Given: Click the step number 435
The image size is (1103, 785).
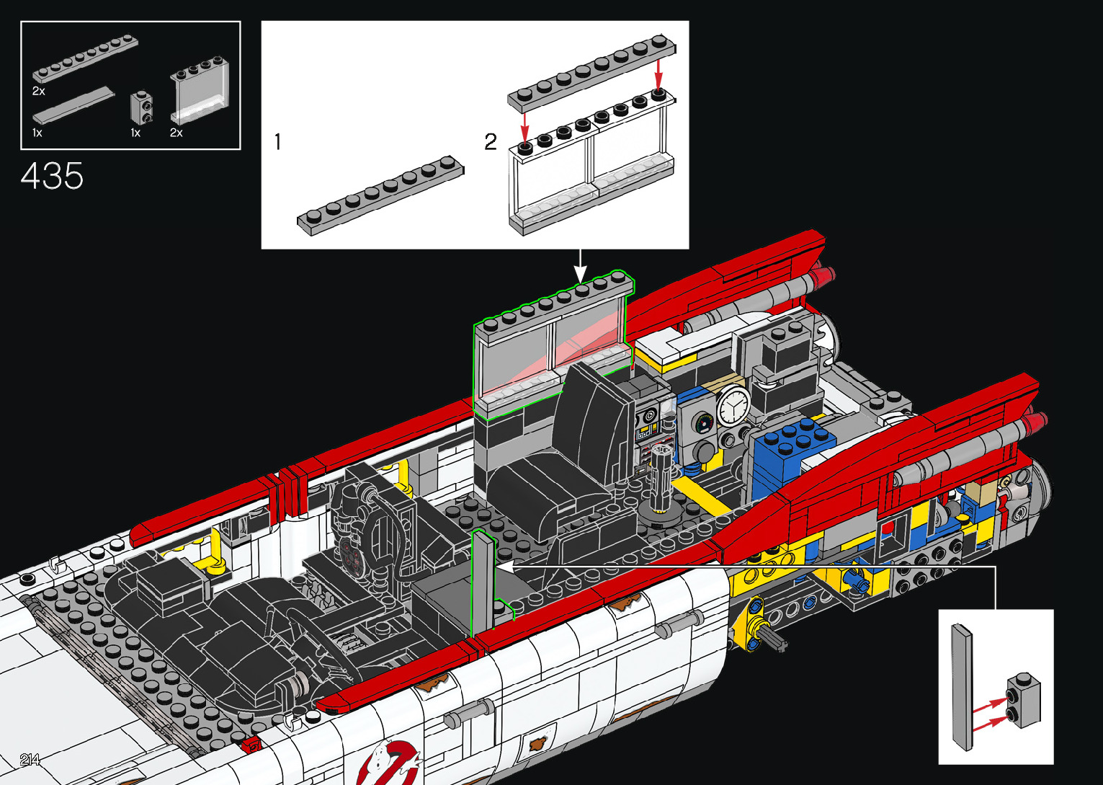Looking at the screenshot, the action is click(x=52, y=176).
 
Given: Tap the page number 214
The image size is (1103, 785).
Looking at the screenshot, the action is click(x=30, y=759).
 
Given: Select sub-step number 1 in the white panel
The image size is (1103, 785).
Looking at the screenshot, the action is click(x=277, y=142).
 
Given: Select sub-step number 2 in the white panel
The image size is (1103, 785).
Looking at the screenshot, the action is click(x=491, y=142).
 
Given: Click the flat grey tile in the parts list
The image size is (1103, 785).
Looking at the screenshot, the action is click(x=74, y=105).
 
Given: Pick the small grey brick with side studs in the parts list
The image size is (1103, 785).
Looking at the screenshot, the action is click(x=142, y=107).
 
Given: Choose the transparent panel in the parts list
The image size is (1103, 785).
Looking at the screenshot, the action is click(x=200, y=90).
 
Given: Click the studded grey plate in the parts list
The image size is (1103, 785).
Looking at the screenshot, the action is click(x=85, y=58).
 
